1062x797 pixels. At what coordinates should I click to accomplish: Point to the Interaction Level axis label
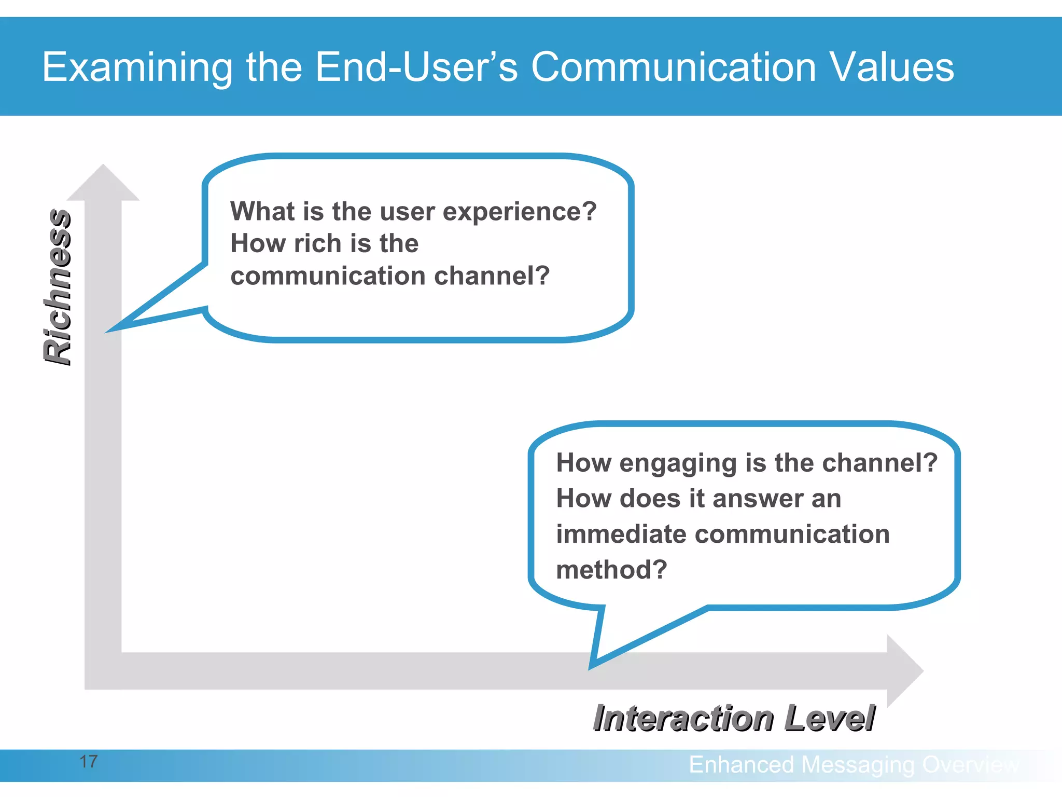click(x=734, y=718)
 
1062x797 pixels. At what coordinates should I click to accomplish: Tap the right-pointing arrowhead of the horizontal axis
click(x=904, y=670)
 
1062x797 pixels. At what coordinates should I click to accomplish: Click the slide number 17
click(x=88, y=762)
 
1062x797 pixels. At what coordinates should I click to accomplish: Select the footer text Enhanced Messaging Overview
click(x=854, y=765)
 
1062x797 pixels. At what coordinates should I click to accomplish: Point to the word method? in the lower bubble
click(x=611, y=570)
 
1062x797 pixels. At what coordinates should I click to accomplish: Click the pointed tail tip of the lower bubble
click(x=592, y=666)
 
